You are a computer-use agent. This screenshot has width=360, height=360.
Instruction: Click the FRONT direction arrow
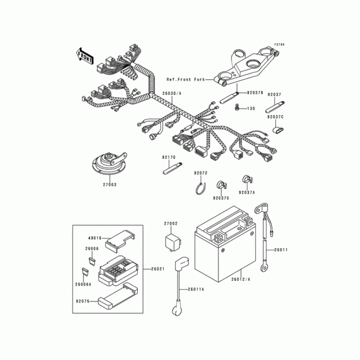[85, 56]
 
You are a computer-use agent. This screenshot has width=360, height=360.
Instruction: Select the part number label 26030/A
[172, 94]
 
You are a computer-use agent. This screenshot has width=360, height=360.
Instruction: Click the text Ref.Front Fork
[185, 80]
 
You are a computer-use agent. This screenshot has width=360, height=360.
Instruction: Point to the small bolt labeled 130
[237, 107]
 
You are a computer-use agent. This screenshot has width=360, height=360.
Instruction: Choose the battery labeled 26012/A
[225, 244]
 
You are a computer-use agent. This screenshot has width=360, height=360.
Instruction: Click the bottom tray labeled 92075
[118, 296]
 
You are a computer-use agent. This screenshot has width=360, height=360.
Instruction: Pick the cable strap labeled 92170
[172, 168]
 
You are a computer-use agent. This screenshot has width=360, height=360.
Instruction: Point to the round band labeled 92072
[201, 189]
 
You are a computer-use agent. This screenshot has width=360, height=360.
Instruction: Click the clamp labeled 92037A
[247, 179]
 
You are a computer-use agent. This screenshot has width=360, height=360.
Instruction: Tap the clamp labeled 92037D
[222, 184]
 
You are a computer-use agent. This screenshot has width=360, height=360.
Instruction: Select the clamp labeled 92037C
[278, 130]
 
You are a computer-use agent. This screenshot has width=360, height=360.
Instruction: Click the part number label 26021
[158, 269]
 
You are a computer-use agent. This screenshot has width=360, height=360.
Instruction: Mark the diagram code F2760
[279, 45]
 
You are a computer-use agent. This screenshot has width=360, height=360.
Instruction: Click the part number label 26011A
[196, 289]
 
